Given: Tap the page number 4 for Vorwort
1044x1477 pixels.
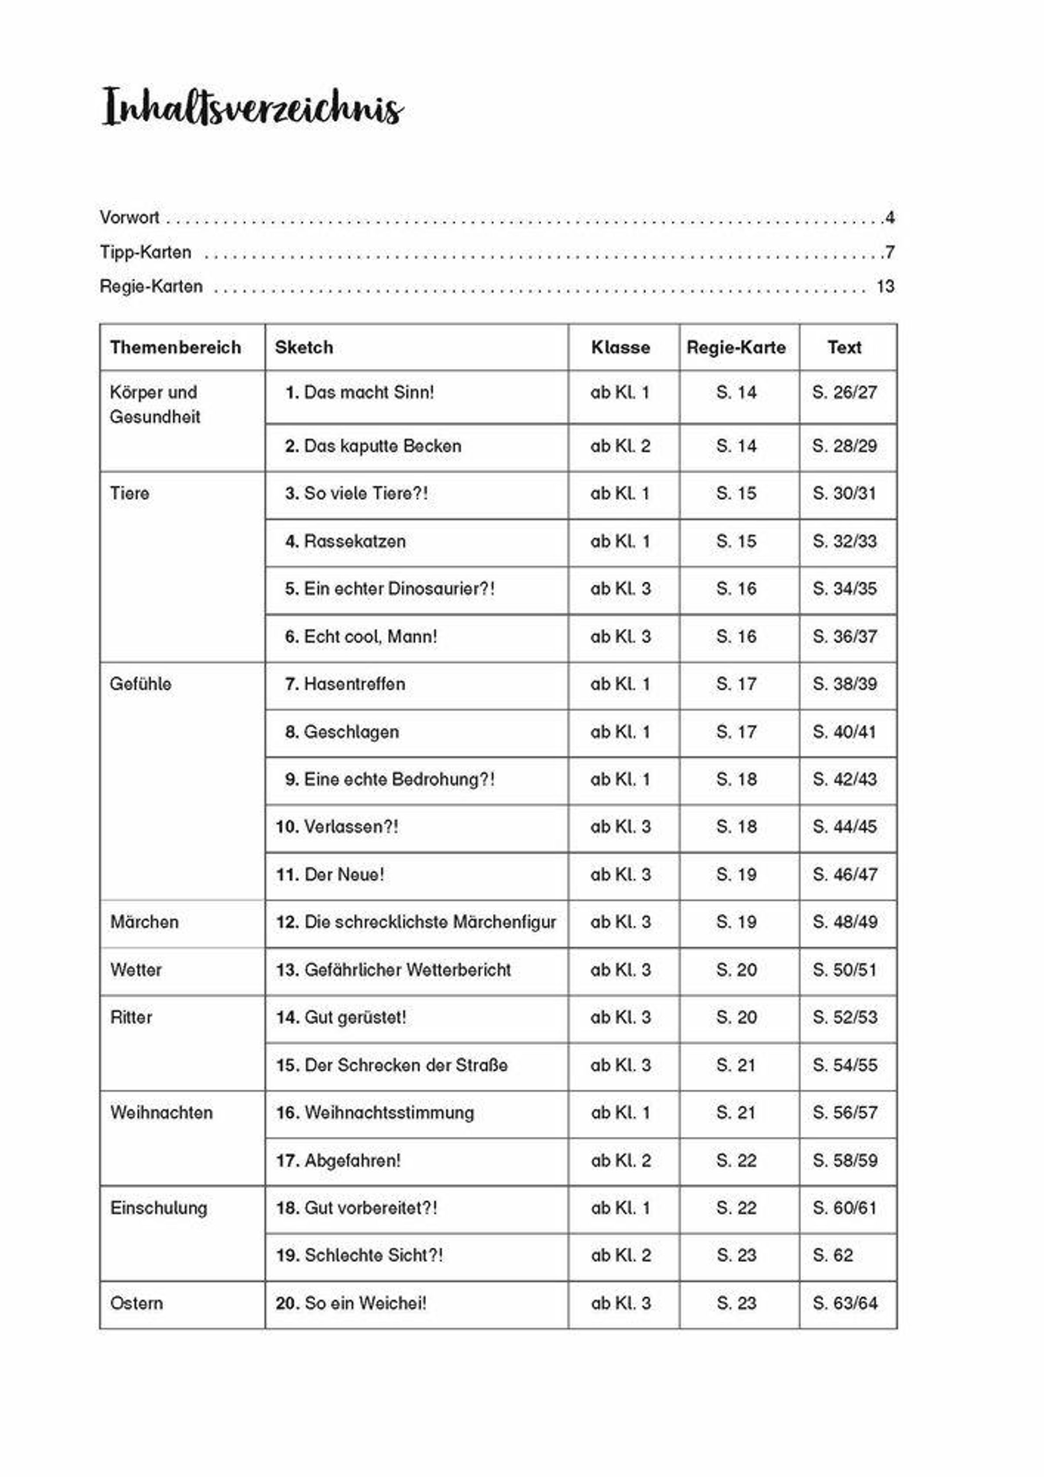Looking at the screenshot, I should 890,218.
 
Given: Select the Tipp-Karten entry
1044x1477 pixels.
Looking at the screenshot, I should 145,252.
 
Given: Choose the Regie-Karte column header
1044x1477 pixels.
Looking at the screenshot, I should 736,347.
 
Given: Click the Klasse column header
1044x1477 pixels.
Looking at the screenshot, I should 620,347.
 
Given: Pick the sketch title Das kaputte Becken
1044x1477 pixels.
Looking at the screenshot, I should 382,446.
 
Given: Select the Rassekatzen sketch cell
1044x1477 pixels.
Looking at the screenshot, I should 355,541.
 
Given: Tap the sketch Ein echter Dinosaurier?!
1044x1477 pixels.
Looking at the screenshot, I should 399,589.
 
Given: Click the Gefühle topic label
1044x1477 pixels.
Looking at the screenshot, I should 140,684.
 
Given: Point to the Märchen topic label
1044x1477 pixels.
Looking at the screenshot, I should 144,922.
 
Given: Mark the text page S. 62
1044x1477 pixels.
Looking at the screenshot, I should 832,1255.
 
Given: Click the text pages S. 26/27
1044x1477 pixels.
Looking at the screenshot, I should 844,392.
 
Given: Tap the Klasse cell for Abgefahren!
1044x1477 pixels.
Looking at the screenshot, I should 620,1161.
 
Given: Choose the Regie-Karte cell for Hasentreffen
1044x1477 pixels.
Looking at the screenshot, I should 736,684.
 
